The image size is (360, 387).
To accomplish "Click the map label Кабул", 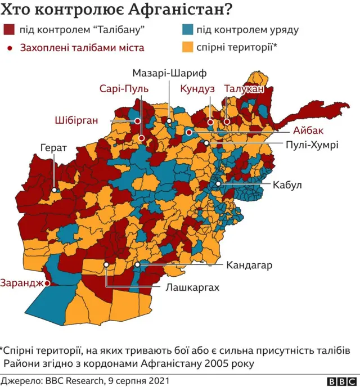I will click(288, 184).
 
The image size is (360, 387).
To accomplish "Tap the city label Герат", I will click(54, 148).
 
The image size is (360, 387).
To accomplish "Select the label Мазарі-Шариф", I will click(170, 74).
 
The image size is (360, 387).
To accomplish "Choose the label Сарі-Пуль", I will click(123, 89).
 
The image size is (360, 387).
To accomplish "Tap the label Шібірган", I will click(77, 120).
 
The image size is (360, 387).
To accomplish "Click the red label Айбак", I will click(309, 130).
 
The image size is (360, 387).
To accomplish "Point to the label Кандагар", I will click(250, 264).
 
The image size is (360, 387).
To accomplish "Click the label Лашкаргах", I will click(192, 287).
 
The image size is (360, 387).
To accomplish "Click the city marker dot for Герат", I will click(55, 190).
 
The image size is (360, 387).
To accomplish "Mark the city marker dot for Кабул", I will click(218, 184).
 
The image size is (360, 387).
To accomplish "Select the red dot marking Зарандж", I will click(47, 283).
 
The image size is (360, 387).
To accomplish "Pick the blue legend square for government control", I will click(188, 30).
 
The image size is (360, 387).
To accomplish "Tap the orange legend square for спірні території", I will click(188, 47).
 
